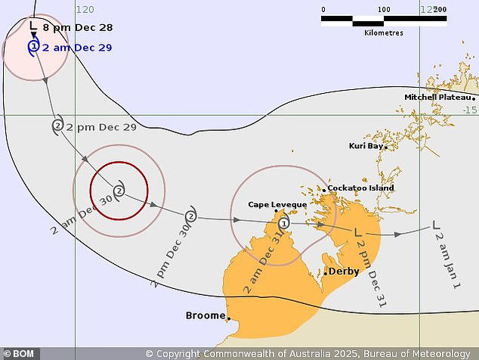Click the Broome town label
pos(206,315)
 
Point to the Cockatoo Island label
pos(360,188)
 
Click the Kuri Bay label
pos(366,146)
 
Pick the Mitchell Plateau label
pos(437,98)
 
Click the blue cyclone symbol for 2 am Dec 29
pos(33,47)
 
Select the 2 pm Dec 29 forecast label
pos(101,127)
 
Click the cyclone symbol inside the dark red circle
pos(119,189)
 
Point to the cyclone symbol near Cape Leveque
pos(284,223)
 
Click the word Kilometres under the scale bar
pos(383,33)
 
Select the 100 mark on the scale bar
pos(383,10)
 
